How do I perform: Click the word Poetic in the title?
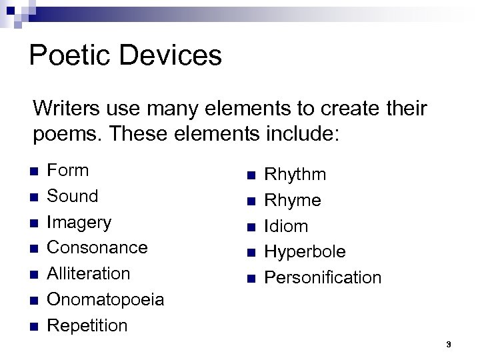pos(69,55)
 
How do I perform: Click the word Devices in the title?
pos(171,55)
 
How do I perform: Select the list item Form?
pos(67,170)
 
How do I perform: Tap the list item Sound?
pos(72,196)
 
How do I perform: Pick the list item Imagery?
pos(79,223)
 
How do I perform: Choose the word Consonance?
pos(97,247)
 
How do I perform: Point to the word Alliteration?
pos(88,273)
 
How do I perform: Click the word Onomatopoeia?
pos(105,300)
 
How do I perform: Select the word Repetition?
pos(87,325)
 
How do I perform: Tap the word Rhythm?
pos(295,175)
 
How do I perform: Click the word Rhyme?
pos(293,201)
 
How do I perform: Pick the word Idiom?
pos(286,227)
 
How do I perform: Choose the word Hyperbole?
pos(305,253)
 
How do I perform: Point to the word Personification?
pos(323,277)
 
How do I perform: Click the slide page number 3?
pos(449,345)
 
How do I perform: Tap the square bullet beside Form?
pos(34,171)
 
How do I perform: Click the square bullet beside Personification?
pos(251,279)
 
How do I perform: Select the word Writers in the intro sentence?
pos(66,108)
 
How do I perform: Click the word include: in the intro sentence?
pos(303,134)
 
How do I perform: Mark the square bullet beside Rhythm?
pos(251,175)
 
